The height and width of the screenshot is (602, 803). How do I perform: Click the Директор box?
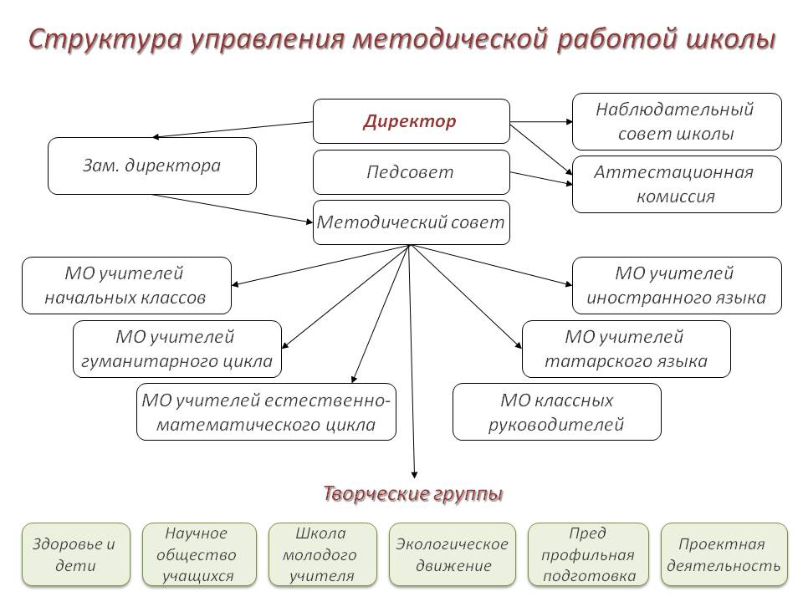411,121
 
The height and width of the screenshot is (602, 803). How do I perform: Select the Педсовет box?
411,172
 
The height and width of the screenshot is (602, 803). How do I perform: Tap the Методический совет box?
411,222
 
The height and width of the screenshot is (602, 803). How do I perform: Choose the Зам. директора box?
152,166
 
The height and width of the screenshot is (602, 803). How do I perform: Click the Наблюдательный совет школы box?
676,121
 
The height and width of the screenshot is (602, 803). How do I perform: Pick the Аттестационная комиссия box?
676,184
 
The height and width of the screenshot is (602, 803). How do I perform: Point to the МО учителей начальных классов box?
126,285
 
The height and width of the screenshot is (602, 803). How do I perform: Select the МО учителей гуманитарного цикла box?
176,349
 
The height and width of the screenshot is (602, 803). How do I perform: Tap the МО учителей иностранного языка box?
676,285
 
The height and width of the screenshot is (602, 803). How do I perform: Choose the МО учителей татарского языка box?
626,349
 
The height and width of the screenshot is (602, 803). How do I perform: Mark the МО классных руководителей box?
556,412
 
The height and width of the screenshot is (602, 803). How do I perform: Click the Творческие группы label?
413,493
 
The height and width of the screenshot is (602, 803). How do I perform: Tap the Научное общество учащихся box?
197,554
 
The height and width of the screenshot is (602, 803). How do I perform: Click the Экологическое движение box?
452,554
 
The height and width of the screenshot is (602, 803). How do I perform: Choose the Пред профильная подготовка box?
588,554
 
